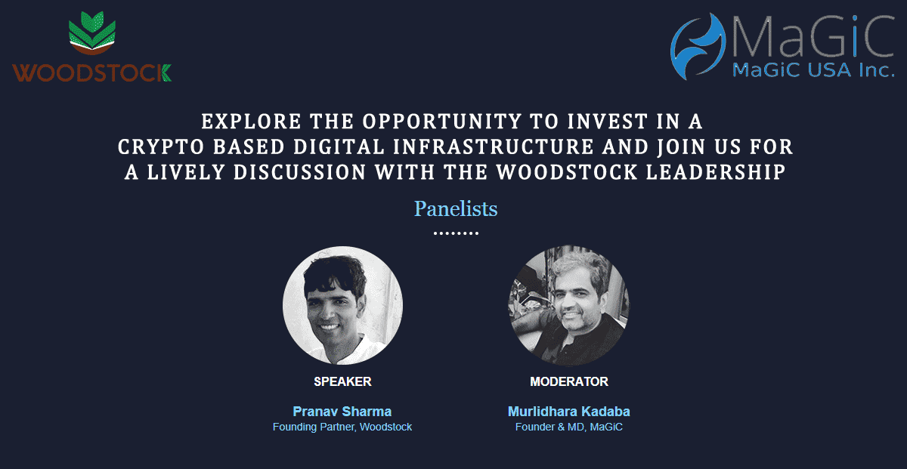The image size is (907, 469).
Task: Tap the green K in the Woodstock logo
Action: click(166, 73)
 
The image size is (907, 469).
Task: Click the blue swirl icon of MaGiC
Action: click(698, 46)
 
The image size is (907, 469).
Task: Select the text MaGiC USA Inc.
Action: click(813, 70)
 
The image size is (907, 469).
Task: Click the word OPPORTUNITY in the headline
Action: click(441, 122)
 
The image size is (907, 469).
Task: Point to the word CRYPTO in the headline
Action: click(161, 147)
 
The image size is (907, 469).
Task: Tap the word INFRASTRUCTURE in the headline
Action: click(494, 147)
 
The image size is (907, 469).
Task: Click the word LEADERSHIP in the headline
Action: click(716, 172)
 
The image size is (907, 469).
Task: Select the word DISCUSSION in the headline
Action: click(299, 172)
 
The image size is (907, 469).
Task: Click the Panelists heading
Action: click(456, 208)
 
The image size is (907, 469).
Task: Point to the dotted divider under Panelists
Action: click(456, 233)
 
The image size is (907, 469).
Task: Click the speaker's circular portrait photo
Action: click(342, 306)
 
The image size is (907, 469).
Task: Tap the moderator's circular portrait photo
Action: click(569, 306)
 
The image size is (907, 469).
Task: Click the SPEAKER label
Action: click(342, 381)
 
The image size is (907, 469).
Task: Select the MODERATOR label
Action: click(569, 381)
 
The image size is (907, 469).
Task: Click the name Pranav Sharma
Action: click(342, 412)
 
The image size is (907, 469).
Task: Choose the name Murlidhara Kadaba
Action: click(569, 412)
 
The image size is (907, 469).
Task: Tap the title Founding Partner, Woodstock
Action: click(342, 427)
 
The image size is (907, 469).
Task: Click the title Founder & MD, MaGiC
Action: click(569, 427)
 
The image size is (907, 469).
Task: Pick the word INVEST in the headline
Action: click(608, 122)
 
